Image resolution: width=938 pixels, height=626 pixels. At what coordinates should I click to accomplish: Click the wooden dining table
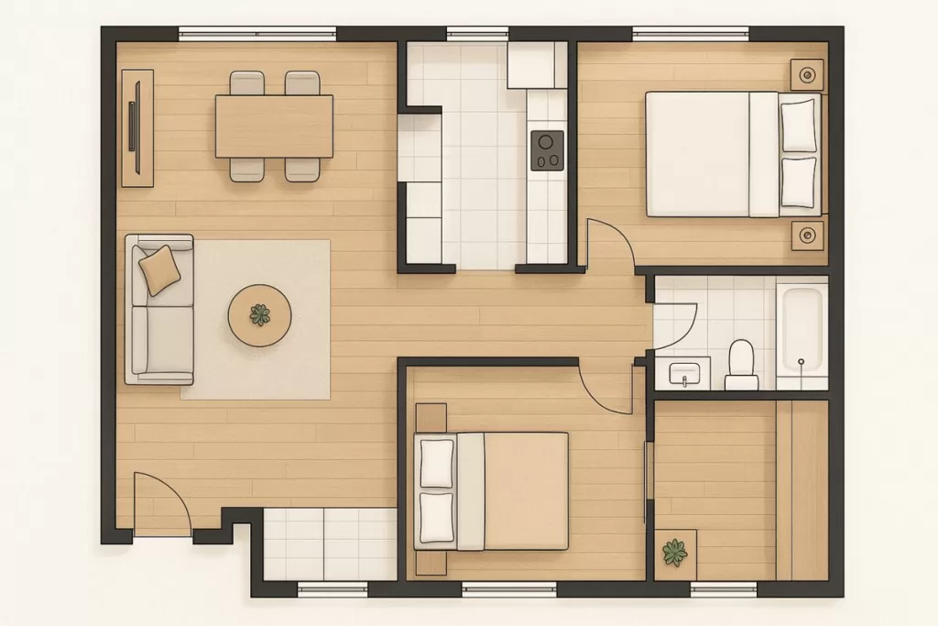(274, 126)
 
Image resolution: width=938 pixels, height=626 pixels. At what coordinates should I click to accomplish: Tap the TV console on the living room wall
(137, 127)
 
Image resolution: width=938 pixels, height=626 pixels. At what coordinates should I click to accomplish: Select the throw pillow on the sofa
(160, 269)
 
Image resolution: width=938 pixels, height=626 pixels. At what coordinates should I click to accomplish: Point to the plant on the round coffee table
(260, 314)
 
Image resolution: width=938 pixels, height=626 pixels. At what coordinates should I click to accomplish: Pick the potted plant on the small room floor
(675, 553)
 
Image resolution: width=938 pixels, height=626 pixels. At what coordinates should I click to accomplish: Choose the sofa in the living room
(161, 309)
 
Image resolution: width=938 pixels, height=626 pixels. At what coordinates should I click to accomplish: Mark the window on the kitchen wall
(477, 34)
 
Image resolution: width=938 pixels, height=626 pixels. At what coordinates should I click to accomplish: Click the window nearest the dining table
(257, 34)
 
